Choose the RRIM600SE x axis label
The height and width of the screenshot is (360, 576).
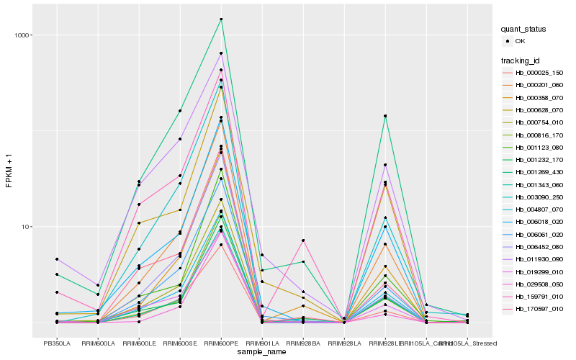pos(180,343)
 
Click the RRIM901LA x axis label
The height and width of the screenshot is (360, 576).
pos(262,343)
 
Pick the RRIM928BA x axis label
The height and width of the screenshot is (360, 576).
pos(303,343)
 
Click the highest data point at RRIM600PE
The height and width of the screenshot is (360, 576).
pos(221,19)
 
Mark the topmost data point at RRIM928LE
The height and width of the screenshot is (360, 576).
pos(385,116)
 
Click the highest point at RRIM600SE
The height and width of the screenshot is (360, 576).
pos(180,111)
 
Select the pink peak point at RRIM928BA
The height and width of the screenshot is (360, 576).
pos(303,240)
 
